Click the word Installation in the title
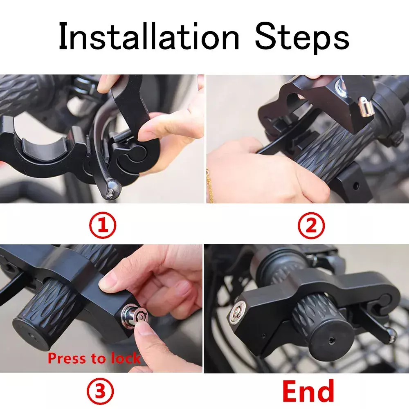(149, 36)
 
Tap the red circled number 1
(103, 225)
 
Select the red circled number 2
(311, 225)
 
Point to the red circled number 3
(101, 391)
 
